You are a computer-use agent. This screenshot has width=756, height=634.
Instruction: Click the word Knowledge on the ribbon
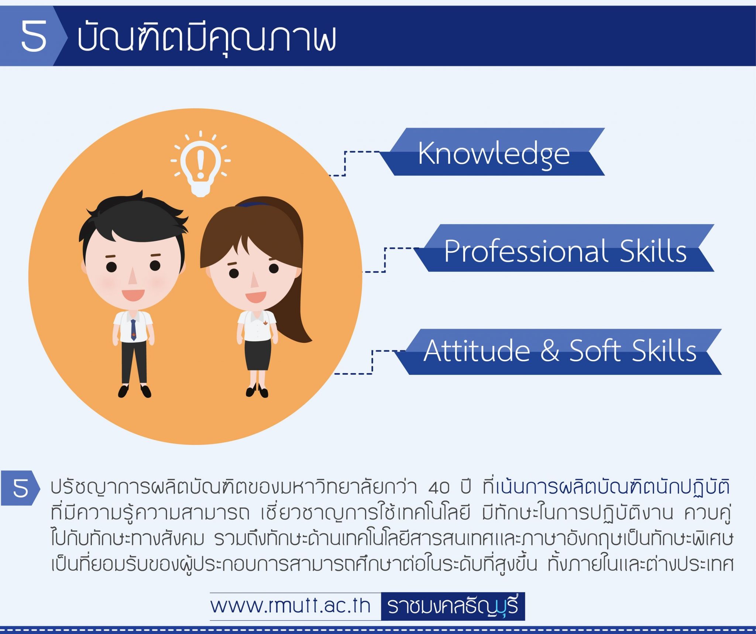click(494, 153)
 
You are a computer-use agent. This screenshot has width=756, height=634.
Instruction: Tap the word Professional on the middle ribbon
click(525, 251)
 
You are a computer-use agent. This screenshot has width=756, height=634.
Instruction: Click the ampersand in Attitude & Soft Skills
click(550, 351)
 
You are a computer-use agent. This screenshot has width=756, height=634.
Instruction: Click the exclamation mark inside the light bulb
click(200, 164)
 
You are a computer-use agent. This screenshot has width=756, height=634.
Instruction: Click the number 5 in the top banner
click(34, 36)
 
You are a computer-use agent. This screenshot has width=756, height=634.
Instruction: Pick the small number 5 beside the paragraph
click(20, 488)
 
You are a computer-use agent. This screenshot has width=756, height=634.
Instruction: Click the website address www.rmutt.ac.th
click(290, 606)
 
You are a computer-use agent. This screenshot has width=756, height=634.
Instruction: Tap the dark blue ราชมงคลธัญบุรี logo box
click(453, 606)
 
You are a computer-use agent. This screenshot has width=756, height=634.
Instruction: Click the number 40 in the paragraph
click(439, 488)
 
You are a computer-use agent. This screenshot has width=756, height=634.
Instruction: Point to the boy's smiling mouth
click(133, 295)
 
